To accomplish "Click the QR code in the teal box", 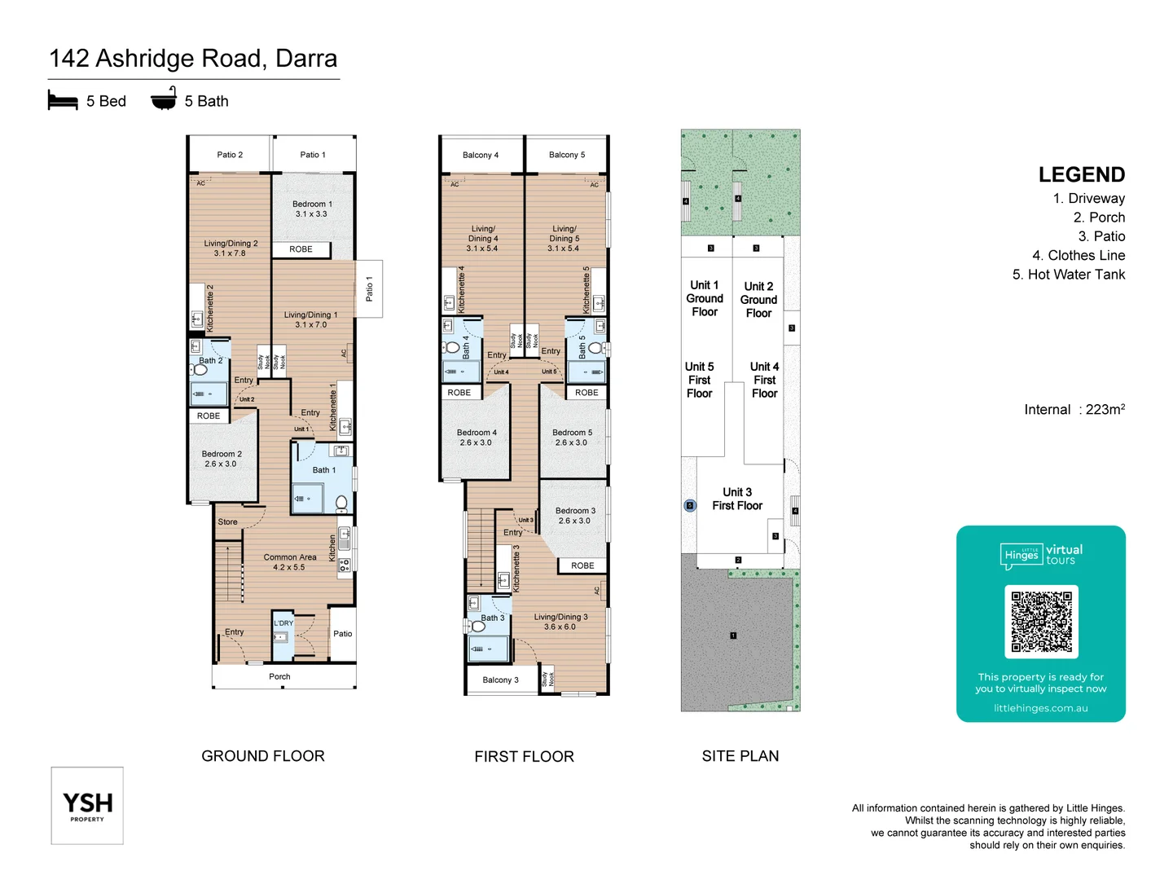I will [x=1041, y=621].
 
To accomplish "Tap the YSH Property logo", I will [x=87, y=805].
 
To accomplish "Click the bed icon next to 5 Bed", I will [x=63, y=101].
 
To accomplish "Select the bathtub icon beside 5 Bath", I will [x=164, y=99].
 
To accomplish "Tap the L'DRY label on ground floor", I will [x=283, y=623].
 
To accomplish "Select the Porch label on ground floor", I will [x=279, y=676].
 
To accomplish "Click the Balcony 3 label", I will [x=500, y=680].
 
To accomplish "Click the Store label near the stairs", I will [x=227, y=522].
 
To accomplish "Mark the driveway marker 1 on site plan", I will [x=733, y=636].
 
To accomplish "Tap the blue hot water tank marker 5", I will [x=690, y=505].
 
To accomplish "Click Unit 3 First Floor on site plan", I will [x=737, y=499].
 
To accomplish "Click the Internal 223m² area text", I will [x=1074, y=410].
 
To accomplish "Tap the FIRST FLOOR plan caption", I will [x=524, y=757].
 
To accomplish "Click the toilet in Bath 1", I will [x=341, y=501].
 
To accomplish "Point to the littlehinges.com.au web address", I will [x=1040, y=708].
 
